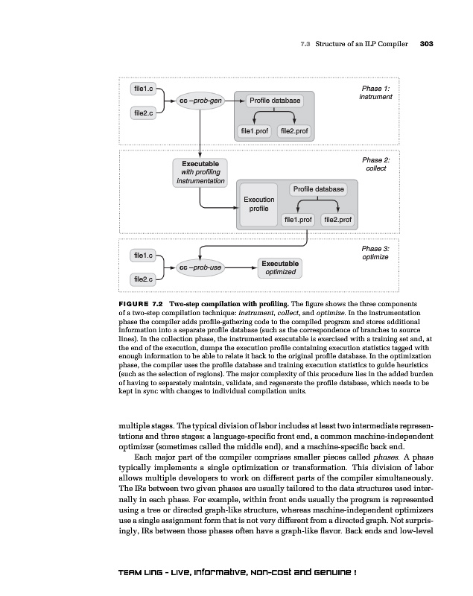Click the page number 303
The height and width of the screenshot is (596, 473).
[426, 44]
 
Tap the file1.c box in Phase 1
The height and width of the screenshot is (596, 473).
[142, 89]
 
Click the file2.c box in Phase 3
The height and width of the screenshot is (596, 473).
[142, 279]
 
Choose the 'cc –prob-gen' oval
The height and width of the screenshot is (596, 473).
[200, 101]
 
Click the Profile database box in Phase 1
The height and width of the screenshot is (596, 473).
[275, 101]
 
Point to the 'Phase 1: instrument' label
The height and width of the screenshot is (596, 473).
[375, 92]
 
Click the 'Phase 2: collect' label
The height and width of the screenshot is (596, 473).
[375, 164]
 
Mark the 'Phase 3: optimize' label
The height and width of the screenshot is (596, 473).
[375, 253]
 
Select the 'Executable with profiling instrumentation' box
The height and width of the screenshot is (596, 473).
[200, 172]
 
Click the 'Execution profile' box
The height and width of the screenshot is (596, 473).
[258, 203]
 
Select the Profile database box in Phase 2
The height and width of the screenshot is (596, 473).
[318, 189]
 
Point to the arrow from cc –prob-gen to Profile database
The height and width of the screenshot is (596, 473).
[230, 101]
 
